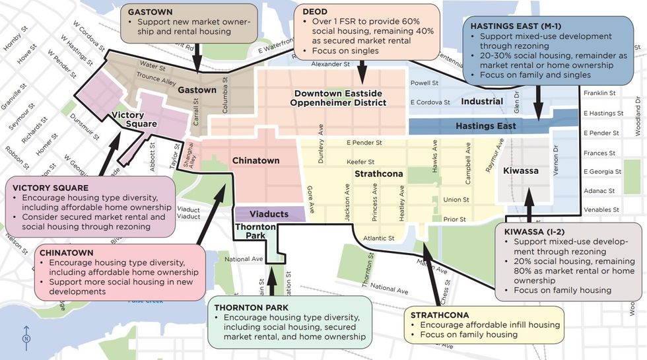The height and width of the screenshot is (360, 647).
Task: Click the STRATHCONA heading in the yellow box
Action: (x=440, y=315)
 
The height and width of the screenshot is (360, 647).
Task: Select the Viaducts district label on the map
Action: (x=270, y=214)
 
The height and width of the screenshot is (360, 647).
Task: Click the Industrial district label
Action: (x=482, y=101)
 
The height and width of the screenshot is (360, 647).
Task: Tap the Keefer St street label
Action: (x=360, y=162)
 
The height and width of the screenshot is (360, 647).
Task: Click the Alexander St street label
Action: (x=330, y=64)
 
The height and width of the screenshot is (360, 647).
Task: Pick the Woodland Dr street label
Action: (x=638, y=116)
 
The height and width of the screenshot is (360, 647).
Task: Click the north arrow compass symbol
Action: (x=26, y=334)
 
